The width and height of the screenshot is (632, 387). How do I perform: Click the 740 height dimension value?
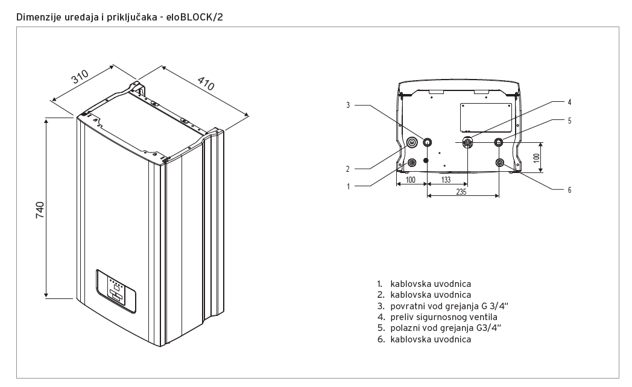tap(40, 210)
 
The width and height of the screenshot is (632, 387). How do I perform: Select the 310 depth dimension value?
tap(80, 77)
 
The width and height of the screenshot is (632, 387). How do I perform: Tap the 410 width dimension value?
tap(206, 83)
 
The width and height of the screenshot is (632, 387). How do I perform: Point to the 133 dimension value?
tap(446, 180)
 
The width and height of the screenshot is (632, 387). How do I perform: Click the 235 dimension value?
tap(461, 192)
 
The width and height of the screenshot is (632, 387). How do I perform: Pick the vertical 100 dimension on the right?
tap(536, 157)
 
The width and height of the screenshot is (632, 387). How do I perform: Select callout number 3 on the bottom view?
tap(348, 105)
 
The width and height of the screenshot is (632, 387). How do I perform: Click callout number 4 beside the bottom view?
tap(569, 102)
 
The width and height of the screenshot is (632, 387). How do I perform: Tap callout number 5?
tap(569, 121)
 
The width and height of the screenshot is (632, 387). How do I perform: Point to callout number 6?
tap(569, 190)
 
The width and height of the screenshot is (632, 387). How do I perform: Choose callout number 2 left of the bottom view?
tap(348, 169)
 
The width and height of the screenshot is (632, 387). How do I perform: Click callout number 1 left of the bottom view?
tap(348, 186)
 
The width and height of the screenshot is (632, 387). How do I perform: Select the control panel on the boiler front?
tap(116, 291)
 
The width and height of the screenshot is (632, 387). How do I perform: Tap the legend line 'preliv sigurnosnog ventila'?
tap(437, 317)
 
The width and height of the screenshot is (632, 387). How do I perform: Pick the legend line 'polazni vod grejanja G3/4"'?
tap(439, 328)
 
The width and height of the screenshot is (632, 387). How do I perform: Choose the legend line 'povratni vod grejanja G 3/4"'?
tap(443, 306)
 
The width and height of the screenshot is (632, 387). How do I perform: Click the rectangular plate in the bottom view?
tap(485, 118)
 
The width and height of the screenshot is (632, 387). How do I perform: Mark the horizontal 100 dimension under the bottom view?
tap(410, 180)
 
